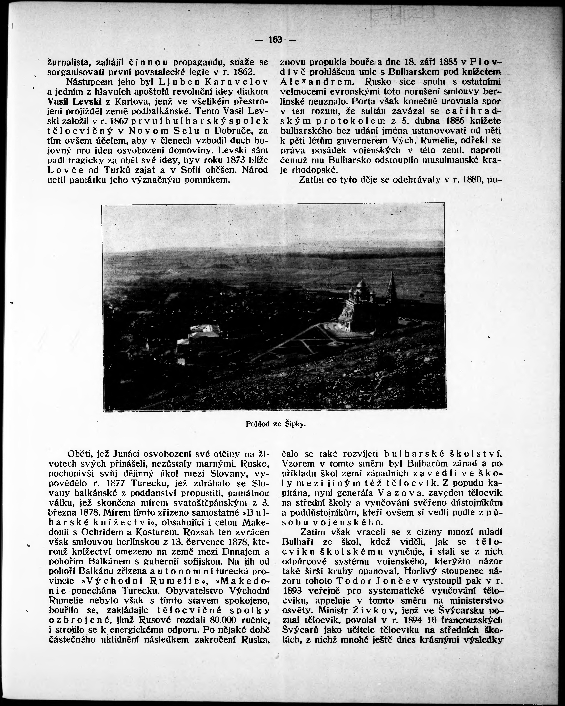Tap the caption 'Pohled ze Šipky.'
click(276, 424)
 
